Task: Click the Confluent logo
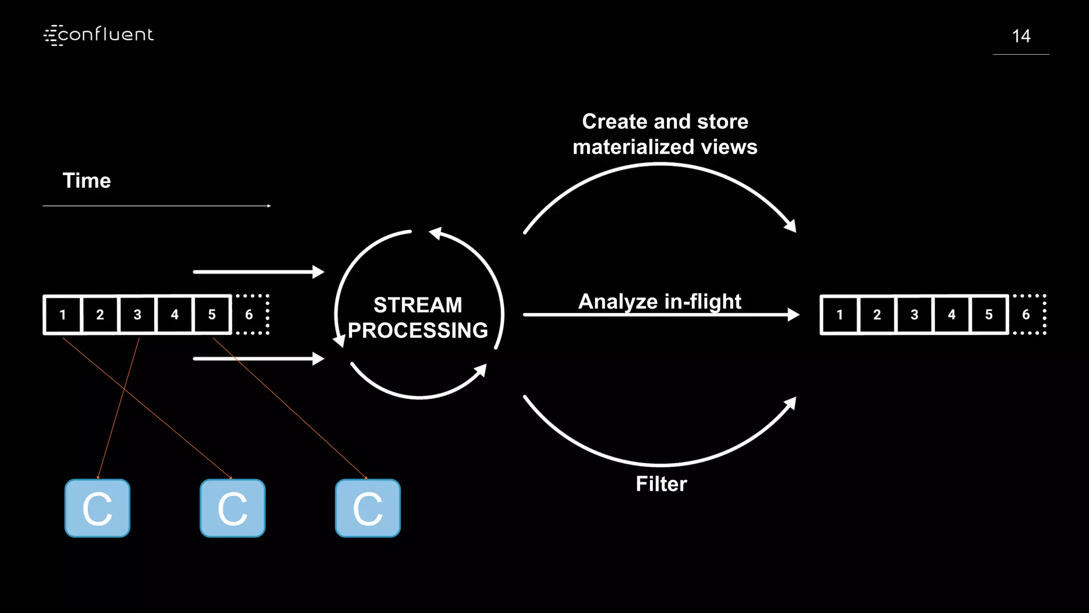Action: point(99,35)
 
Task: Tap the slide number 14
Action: point(1020,36)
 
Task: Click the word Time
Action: point(87,181)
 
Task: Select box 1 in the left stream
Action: point(63,314)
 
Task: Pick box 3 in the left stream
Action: point(137,314)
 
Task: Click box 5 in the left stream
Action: point(212,314)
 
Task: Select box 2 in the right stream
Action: point(877,314)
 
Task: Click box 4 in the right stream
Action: point(951,314)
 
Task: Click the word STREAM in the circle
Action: point(417,305)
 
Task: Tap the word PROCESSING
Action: point(417,330)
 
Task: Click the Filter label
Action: point(661,484)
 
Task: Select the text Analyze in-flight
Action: point(659,301)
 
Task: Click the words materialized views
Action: point(665,147)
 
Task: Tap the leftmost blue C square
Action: point(97,508)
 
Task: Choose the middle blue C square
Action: point(232,508)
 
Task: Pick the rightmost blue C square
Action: point(367,508)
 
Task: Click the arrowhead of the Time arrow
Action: point(269,206)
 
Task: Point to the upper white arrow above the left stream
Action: point(258,272)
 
